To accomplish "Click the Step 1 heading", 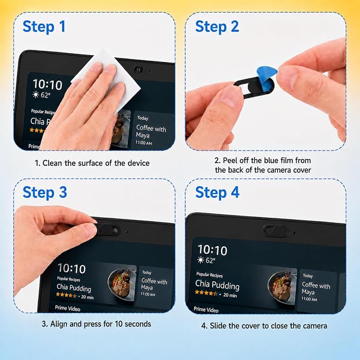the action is click(x=44, y=27).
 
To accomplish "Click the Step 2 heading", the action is click(x=217, y=27).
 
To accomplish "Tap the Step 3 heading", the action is click(x=45, y=192).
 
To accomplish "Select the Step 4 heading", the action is click(x=217, y=192).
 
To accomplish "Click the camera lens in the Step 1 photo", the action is click(x=138, y=69).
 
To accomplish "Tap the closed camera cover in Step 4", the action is click(x=275, y=231).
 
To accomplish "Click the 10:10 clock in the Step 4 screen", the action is click(x=213, y=250).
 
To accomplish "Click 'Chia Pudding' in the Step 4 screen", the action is click(x=217, y=285).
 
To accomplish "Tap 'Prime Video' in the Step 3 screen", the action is click(x=67, y=308).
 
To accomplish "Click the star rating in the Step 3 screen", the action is click(x=66, y=295).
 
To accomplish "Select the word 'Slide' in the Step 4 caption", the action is click(x=217, y=326).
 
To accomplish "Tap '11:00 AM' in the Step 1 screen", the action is click(x=144, y=143).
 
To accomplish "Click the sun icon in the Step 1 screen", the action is click(x=36, y=94).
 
